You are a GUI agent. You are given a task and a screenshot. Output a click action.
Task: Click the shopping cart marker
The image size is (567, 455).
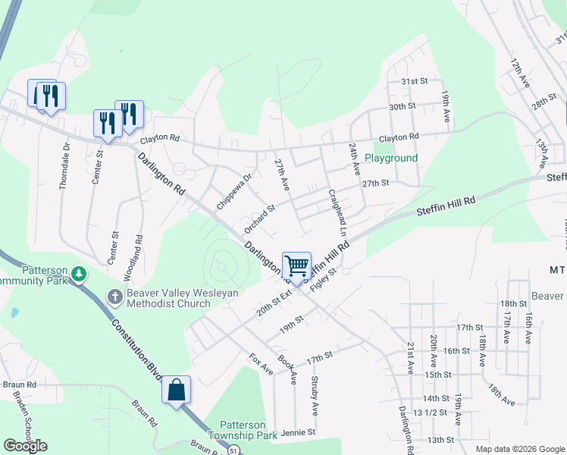tap(296, 266)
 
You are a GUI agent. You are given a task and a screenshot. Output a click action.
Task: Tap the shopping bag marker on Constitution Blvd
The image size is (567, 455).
tap(176, 391)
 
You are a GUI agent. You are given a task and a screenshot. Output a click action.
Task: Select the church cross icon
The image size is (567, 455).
tap(114, 295)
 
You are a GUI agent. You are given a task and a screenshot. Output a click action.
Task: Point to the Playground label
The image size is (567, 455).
tap(391, 158)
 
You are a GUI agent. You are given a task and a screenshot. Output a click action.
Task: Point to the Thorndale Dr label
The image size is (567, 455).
tap(65, 166)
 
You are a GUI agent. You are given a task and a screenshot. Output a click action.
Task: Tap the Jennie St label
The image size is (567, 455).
tap(297, 433)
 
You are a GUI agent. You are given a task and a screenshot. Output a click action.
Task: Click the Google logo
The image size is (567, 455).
tap(26, 445)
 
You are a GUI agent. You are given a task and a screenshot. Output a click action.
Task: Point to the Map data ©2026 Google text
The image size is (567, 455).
tap(519, 448)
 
